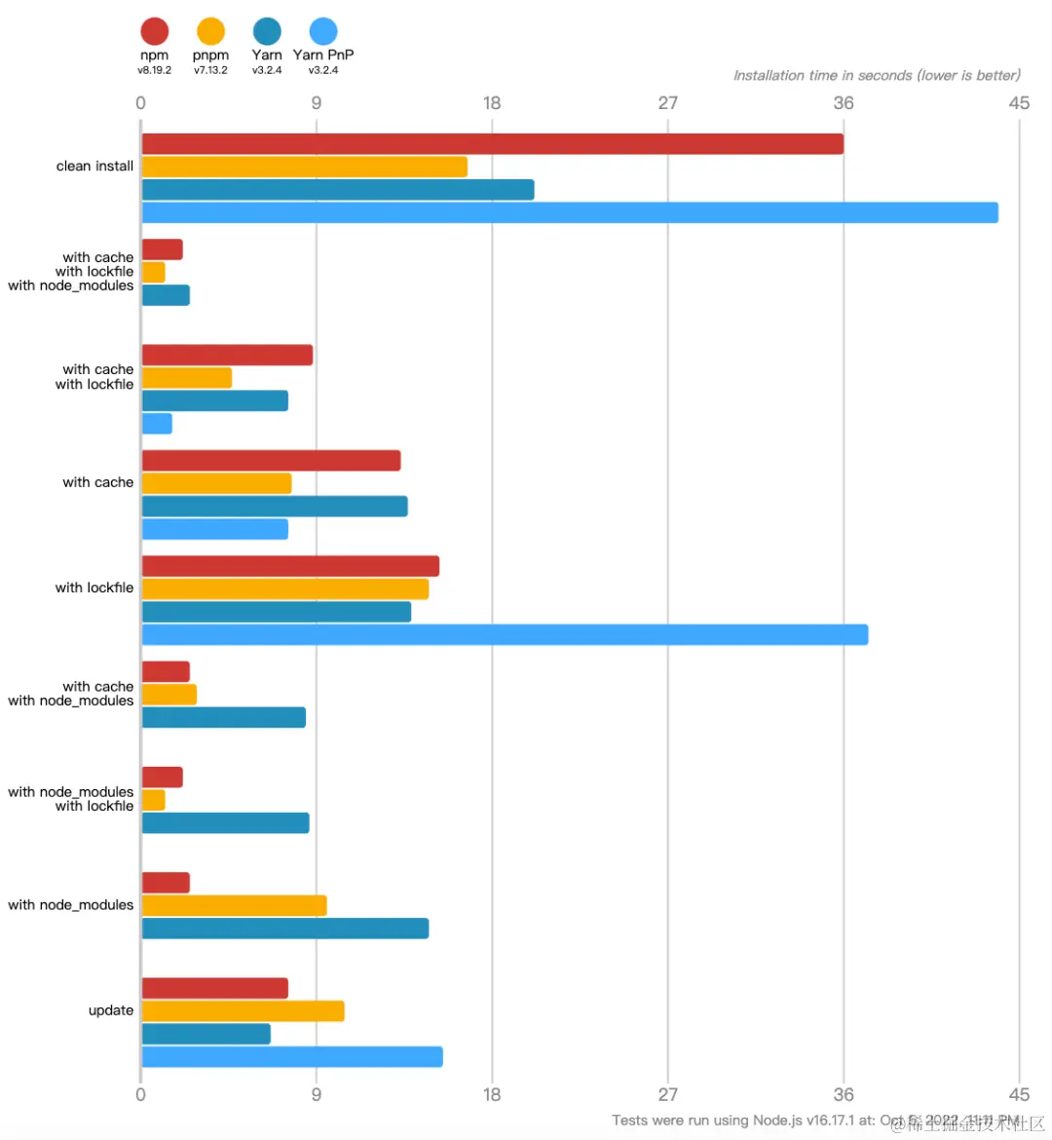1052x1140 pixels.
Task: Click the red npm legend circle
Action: click(154, 32)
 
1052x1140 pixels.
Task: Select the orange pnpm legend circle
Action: click(210, 32)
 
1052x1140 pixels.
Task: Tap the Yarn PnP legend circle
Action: click(323, 32)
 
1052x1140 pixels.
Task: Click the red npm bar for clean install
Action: click(492, 144)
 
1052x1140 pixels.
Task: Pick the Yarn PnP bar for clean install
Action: click(570, 212)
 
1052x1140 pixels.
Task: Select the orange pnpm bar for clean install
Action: click(304, 167)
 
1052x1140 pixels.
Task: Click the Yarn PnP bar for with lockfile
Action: click(505, 635)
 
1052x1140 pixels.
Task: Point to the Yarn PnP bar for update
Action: click(292, 1057)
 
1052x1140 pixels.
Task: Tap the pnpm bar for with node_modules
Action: click(234, 906)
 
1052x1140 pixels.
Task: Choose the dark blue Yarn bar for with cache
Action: click(275, 507)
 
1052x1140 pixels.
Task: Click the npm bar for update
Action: click(214, 988)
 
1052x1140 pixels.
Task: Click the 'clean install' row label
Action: click(94, 167)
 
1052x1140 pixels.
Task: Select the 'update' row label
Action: click(111, 1010)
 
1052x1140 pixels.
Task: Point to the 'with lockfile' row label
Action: click(94, 588)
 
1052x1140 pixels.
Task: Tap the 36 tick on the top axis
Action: click(844, 103)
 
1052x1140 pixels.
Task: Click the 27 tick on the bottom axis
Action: click(667, 1094)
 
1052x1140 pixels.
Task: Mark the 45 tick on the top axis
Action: click(1019, 103)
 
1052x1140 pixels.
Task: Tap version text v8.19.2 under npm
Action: click(154, 70)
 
